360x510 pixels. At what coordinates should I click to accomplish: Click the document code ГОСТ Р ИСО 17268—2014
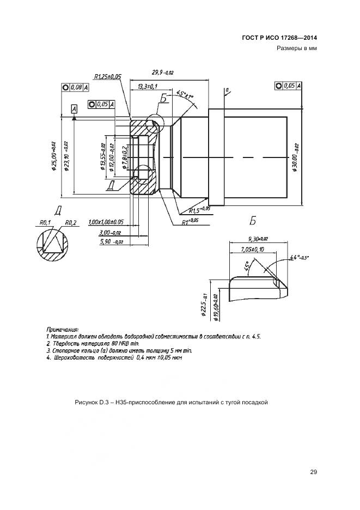click(x=279, y=38)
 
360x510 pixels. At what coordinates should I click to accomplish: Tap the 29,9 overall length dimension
click(x=163, y=73)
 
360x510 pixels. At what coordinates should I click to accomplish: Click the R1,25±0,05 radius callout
click(x=107, y=77)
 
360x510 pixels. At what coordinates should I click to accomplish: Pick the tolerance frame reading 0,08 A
click(x=75, y=87)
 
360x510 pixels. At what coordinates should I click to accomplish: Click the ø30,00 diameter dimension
click(x=294, y=157)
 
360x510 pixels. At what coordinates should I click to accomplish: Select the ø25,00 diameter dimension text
click(x=54, y=156)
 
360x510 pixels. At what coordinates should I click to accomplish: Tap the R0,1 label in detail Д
click(x=45, y=222)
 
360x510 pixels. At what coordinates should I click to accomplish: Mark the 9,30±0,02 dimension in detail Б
click(x=258, y=239)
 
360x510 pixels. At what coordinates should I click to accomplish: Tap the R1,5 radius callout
click(x=198, y=209)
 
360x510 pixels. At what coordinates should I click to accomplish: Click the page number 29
click(x=313, y=472)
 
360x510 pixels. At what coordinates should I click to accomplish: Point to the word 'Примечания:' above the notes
click(x=63, y=329)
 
